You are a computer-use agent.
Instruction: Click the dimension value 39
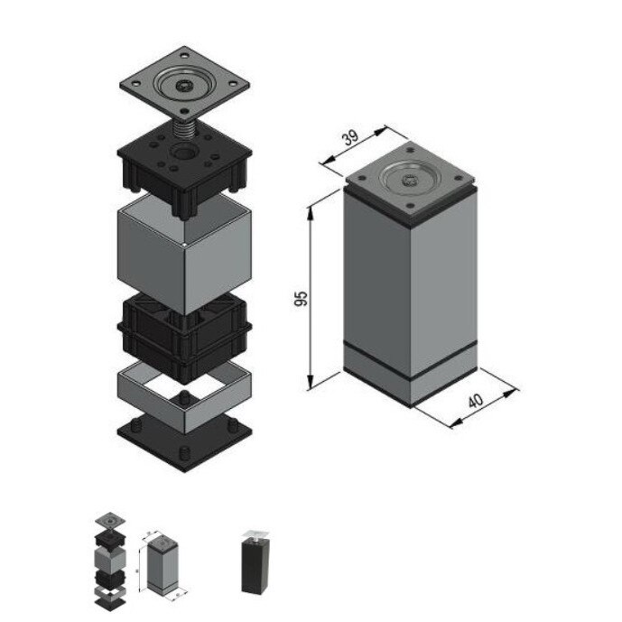350,139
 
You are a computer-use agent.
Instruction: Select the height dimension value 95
303,298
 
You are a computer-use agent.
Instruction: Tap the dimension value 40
475,402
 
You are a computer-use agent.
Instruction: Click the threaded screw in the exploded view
185,129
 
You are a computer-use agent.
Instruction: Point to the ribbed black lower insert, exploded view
185,339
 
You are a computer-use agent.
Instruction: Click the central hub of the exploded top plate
184,88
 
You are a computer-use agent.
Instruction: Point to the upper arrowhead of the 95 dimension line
311,208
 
